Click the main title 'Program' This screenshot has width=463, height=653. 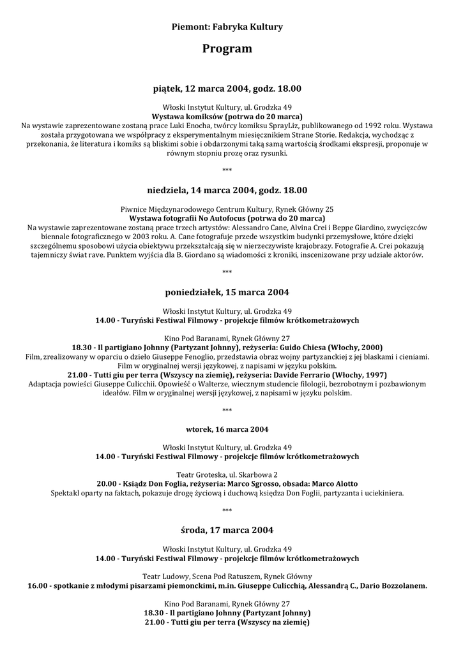(x=227, y=48)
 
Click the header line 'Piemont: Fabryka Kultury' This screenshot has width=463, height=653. (x=227, y=27)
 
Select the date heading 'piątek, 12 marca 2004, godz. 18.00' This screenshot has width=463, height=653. (x=227, y=88)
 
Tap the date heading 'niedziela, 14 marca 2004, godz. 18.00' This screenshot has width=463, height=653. (x=227, y=190)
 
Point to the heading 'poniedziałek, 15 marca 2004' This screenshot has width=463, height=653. (x=227, y=292)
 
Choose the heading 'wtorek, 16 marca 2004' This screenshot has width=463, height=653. (x=227, y=428)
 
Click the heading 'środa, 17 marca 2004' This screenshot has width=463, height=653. (x=227, y=530)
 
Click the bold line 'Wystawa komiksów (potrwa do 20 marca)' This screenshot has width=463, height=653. (x=227, y=117)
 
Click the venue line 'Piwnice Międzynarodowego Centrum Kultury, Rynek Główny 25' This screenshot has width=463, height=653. (x=227, y=209)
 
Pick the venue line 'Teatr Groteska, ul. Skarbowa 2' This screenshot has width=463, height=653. (x=227, y=474)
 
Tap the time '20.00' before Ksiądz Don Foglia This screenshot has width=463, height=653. (x=106, y=484)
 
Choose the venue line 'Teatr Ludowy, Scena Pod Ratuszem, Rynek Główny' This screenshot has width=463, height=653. (x=227, y=576)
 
